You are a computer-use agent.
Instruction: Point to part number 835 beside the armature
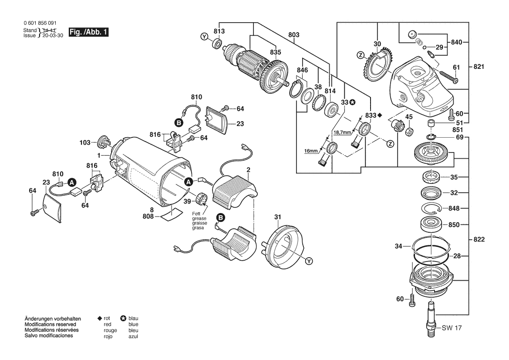(276, 52)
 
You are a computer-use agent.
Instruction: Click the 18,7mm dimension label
(342, 132)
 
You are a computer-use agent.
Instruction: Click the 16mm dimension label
(312, 151)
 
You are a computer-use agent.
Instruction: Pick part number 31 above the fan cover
(278, 217)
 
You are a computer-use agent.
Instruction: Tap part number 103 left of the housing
(85, 143)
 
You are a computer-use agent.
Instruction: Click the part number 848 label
(454, 208)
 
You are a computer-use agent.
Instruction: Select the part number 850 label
(454, 225)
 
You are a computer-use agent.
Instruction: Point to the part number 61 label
(456, 67)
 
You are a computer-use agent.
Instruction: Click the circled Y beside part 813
(204, 37)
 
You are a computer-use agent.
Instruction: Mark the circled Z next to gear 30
(360, 55)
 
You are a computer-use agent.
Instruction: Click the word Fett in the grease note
(197, 213)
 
